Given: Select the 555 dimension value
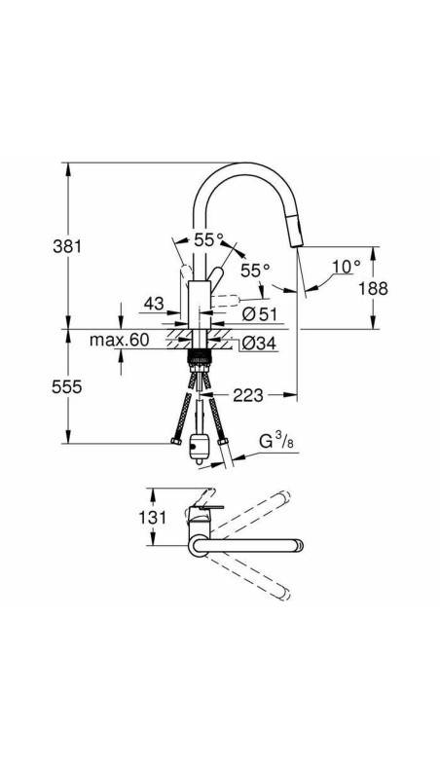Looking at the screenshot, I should [67, 386].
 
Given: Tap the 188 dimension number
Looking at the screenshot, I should [372, 288].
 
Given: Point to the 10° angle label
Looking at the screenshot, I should [346, 265].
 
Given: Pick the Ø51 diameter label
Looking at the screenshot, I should [261, 313].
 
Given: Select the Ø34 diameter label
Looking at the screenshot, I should [260, 343].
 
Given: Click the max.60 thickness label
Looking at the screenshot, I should [120, 341].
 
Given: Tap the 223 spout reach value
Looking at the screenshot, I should [250, 395].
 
